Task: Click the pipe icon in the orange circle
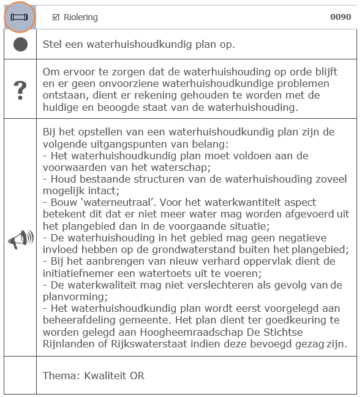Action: (20, 17)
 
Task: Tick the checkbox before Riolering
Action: (56, 17)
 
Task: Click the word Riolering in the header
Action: (80, 17)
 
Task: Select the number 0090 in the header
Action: (341, 17)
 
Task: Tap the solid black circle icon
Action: (20, 45)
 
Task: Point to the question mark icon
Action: (20, 89)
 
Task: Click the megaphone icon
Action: (20, 239)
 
